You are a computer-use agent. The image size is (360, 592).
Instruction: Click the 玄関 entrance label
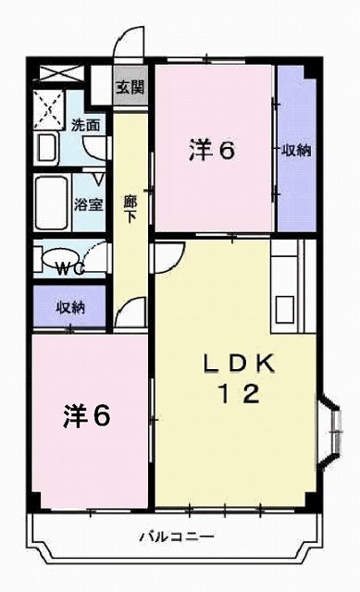coord(130,88)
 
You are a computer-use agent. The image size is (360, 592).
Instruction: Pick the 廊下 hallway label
coord(130,205)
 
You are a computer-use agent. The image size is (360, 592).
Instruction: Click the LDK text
coord(239,364)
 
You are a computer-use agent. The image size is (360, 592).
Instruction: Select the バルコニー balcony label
coord(178,536)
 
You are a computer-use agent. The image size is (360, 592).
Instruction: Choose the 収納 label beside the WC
coord(71,306)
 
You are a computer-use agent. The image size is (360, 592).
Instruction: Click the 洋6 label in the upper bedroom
coord(211,149)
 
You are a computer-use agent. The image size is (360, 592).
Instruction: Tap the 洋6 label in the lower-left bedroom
coord(87,415)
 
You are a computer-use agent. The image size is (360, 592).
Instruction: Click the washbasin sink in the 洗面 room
coord(46,147)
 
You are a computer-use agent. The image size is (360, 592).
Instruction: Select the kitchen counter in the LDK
coord(284,287)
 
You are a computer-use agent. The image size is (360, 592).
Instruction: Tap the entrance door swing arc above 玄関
coord(130,46)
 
